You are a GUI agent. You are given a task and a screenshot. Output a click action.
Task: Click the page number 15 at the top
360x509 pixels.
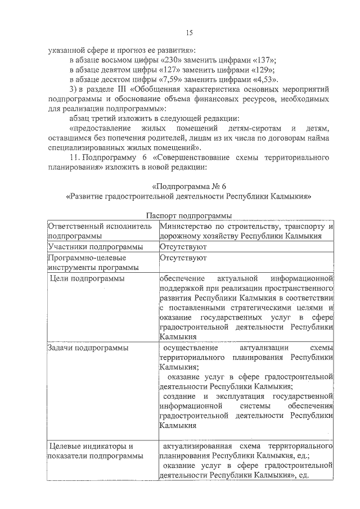[189, 33]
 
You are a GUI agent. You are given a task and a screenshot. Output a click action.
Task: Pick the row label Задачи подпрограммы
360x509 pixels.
[88, 348]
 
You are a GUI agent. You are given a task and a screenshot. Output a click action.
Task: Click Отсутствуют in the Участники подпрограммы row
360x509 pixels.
[183, 246]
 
